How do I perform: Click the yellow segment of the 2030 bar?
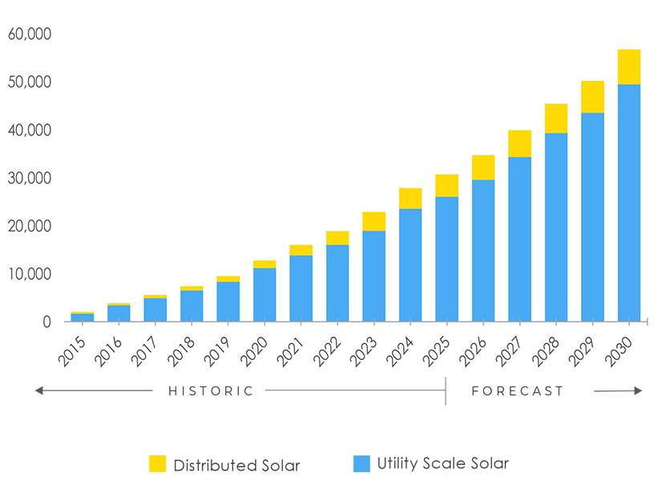[x=628, y=67]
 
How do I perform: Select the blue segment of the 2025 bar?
[x=446, y=259]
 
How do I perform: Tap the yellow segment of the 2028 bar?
[x=555, y=118]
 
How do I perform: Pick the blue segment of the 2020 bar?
[x=264, y=294]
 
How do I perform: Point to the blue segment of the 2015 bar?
[x=82, y=317]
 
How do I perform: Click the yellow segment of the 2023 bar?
[x=373, y=221]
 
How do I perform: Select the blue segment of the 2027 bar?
[x=519, y=239]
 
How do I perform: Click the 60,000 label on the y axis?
[x=29, y=34]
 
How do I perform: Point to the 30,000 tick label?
[x=29, y=178]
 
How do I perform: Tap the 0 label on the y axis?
[x=46, y=322]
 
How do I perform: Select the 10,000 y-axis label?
[x=29, y=274]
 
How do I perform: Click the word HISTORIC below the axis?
[x=210, y=391]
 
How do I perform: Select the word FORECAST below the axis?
[x=518, y=391]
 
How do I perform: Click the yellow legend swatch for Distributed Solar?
[x=158, y=464]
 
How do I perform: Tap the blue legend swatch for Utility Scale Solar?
[x=362, y=463]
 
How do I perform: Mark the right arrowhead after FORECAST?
[x=638, y=391]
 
